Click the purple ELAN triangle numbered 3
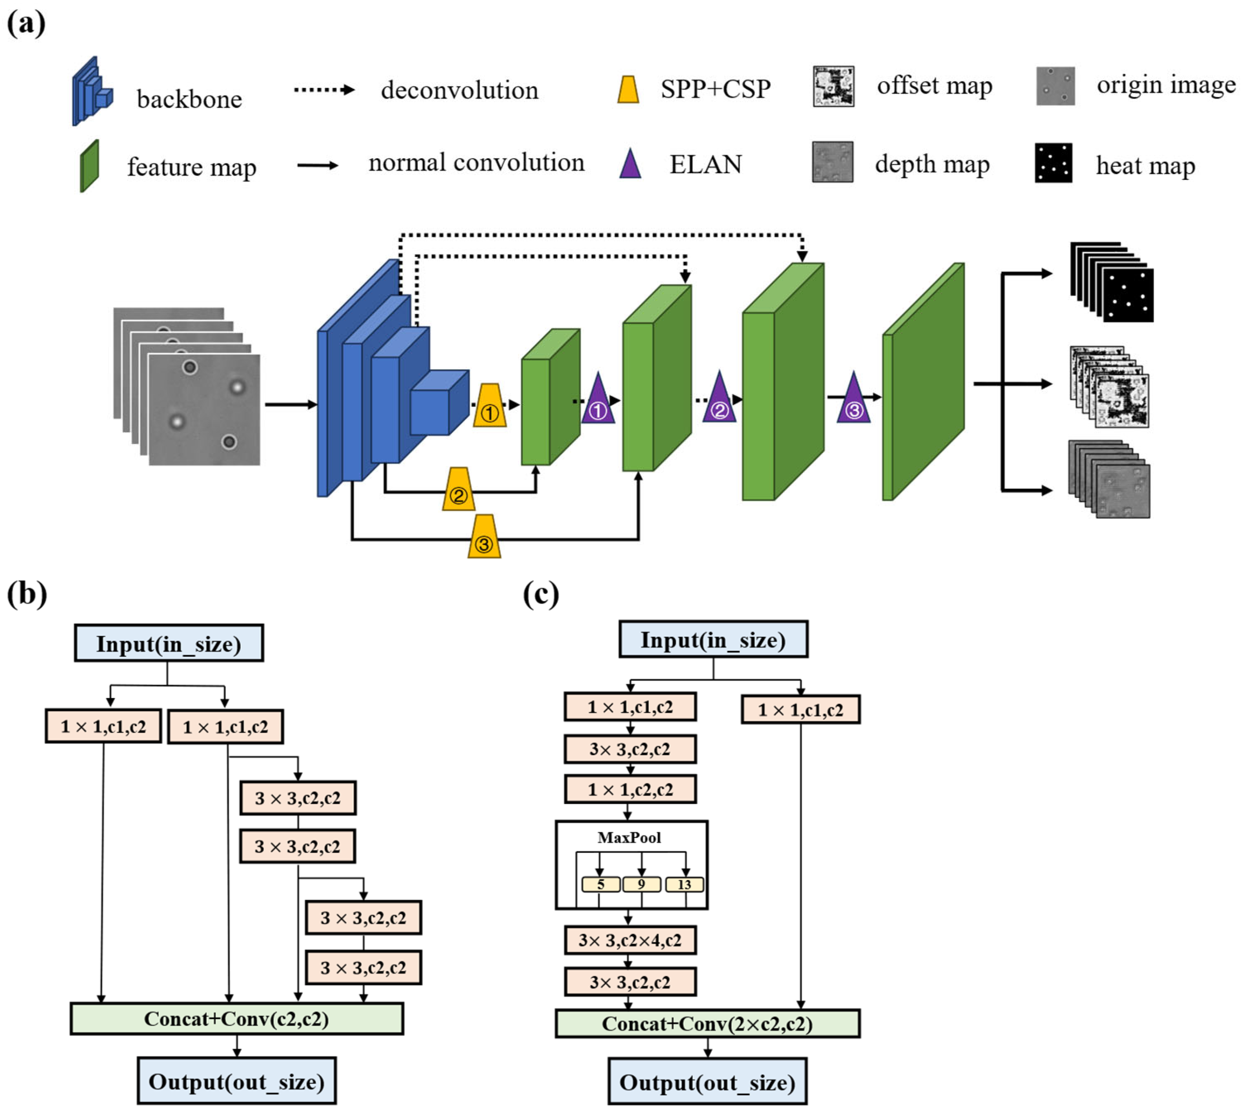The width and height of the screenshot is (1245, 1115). (853, 401)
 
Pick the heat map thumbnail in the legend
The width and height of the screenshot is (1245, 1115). (1053, 163)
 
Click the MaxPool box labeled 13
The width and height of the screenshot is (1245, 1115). (685, 885)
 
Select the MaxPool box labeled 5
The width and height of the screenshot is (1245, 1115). (601, 885)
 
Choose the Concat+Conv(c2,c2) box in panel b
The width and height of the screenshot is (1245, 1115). (237, 1019)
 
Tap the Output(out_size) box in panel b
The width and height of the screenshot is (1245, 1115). (237, 1081)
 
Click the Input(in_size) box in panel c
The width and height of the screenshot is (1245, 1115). (713, 639)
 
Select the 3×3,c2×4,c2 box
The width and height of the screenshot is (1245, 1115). (630, 940)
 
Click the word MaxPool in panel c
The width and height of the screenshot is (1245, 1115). (629, 837)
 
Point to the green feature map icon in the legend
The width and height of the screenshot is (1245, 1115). (89, 166)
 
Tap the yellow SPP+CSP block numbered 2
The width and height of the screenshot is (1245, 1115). (458, 490)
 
